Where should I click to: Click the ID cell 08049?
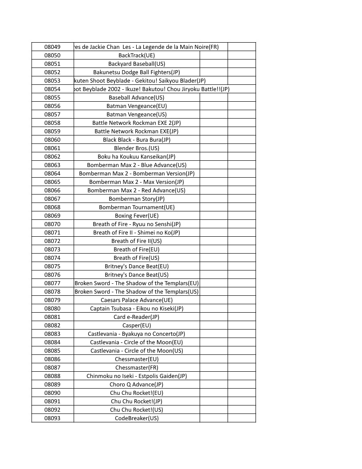(x=52, y=47)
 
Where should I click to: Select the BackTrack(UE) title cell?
(x=137, y=55)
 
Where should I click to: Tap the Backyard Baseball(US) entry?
(x=137, y=64)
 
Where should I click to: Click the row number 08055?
(x=52, y=97)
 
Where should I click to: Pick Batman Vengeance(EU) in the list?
(x=137, y=106)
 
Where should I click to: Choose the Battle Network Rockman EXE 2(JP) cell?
(x=137, y=123)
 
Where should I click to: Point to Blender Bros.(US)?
(x=137, y=148)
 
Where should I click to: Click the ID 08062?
(x=52, y=156)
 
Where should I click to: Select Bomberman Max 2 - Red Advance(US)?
(x=137, y=190)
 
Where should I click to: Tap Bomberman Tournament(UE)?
(x=137, y=207)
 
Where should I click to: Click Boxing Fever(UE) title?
(x=137, y=215)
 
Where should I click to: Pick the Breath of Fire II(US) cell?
(x=137, y=241)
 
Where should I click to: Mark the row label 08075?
(x=52, y=266)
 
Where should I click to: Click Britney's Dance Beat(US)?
(x=137, y=274)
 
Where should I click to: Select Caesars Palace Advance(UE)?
(x=137, y=300)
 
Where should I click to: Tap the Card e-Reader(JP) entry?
(x=137, y=317)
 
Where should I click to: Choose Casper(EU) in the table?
(x=137, y=325)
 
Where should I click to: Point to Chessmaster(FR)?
(x=137, y=367)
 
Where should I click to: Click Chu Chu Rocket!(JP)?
(x=137, y=401)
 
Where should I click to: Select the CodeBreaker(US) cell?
(x=137, y=418)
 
